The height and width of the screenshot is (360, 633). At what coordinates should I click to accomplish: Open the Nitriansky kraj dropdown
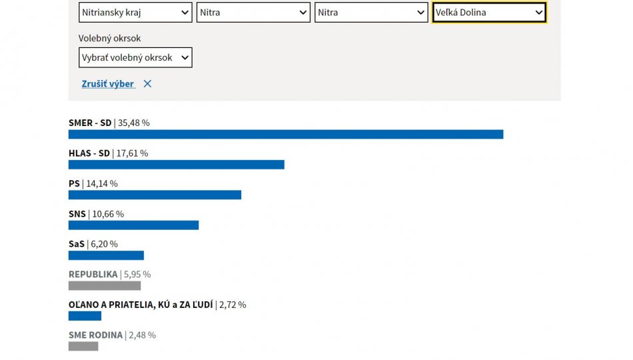coord(135,13)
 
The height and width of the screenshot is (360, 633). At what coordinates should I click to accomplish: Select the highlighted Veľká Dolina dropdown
coord(489,13)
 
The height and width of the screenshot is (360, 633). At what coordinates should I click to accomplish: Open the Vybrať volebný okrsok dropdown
coord(135,58)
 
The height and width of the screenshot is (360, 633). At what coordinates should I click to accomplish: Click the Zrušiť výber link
coord(108,84)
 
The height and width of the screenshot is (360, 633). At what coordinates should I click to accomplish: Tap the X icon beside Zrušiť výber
coord(147,84)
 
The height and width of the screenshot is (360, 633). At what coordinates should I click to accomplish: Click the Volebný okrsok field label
coord(109,39)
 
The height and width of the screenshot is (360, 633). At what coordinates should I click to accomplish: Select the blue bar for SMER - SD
coord(285,135)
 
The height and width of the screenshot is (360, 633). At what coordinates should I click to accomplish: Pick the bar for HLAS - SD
coord(176,165)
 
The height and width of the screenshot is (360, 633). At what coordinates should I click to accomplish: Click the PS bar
coord(155,195)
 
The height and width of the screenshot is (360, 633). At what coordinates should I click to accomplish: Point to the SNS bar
coord(133,225)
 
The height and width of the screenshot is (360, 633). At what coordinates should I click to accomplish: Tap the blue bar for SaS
coord(106,255)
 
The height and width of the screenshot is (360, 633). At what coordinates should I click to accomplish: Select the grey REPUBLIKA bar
coord(105,286)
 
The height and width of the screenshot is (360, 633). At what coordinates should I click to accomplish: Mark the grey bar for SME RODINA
coord(83,347)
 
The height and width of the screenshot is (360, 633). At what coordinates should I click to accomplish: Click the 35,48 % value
coord(134,123)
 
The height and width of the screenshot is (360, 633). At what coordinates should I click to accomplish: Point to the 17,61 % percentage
coord(133,153)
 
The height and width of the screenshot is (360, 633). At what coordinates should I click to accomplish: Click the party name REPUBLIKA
coord(93,275)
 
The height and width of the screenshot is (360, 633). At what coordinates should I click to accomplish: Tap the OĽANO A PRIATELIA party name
coord(141,305)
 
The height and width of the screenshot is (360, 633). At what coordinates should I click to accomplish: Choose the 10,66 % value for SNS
coord(108,214)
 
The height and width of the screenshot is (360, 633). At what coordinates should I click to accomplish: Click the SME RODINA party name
coord(95,335)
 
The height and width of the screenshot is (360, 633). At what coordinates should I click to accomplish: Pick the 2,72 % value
coord(233,305)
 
